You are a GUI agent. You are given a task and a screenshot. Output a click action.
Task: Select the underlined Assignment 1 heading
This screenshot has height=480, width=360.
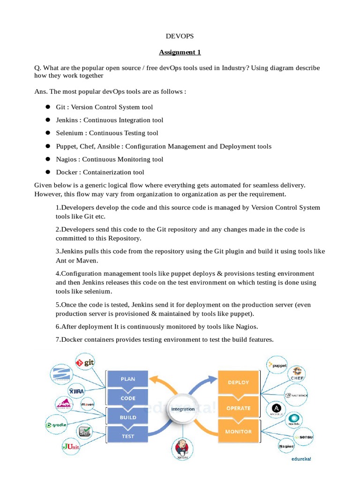[x=180, y=52]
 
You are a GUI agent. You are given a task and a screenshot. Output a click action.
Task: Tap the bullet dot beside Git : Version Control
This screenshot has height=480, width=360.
[x=47, y=107]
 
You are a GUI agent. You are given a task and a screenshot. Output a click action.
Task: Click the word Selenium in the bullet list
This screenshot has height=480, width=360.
[x=69, y=133]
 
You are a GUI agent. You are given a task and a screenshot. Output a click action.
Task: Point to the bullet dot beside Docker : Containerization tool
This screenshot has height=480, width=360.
[x=47, y=172]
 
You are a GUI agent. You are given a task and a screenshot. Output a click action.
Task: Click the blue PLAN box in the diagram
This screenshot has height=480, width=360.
[x=128, y=379]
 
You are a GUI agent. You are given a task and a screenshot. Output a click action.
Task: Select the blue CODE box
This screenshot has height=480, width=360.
[x=128, y=398]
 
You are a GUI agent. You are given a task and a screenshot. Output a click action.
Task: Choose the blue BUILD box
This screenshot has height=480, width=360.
[x=128, y=417]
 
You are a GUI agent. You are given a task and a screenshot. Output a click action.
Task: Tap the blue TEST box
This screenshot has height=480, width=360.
[x=128, y=436]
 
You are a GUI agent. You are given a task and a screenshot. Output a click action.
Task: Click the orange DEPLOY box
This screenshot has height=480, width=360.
[x=238, y=382]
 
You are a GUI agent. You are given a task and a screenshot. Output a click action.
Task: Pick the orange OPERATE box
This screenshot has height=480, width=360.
[x=238, y=408]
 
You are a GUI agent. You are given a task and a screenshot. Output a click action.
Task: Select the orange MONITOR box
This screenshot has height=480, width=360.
[x=238, y=431]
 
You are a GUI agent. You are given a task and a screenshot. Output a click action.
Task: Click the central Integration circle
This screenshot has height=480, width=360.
[x=183, y=409]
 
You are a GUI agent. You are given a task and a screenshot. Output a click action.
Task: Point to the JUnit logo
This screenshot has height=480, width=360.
[x=71, y=447]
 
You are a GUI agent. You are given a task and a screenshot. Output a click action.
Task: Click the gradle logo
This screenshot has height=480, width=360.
[x=56, y=425]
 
